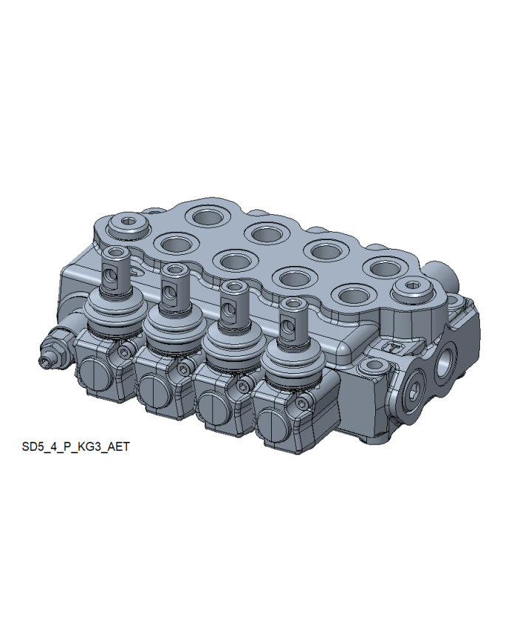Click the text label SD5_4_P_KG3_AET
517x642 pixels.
pos(76,446)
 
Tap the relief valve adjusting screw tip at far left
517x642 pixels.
pos(44,361)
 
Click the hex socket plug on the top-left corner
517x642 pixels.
pos(127,225)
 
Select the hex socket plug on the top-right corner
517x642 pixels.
pos(413,290)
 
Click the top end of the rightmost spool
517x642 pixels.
pos(293,304)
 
